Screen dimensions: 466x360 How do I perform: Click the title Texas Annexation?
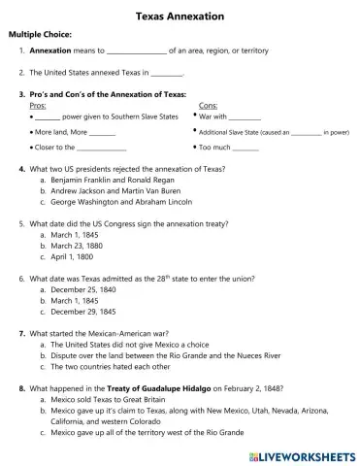point(180,17)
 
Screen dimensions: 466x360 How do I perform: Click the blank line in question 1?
point(135,51)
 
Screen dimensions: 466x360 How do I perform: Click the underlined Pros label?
point(39,105)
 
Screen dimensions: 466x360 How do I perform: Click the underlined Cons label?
point(208,105)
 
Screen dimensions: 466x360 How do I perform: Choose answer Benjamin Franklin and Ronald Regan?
point(107,181)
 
